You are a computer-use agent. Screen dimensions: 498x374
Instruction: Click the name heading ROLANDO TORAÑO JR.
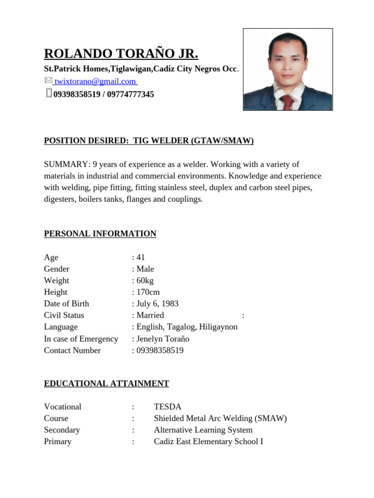click(x=121, y=53)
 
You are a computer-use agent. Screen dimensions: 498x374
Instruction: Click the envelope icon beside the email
click(x=48, y=80)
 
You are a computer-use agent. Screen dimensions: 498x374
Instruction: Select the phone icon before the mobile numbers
click(x=48, y=93)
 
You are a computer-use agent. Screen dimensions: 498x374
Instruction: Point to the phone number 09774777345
click(x=131, y=94)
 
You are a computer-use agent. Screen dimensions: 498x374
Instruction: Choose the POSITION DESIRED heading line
click(x=149, y=141)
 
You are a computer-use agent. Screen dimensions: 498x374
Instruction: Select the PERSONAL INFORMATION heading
click(x=100, y=234)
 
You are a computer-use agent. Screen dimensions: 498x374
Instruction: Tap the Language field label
click(x=61, y=327)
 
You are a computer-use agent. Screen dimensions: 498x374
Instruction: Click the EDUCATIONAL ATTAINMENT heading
click(x=106, y=384)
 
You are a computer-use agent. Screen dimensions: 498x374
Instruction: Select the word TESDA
click(x=168, y=407)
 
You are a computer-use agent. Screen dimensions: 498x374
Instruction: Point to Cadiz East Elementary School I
click(x=208, y=442)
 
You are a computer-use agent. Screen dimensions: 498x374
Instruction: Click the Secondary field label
click(x=62, y=430)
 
